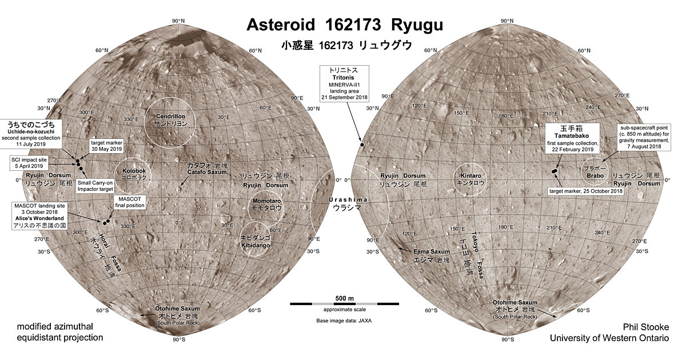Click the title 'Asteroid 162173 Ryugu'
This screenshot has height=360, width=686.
coord(344,26)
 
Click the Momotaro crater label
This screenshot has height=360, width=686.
coord(266,205)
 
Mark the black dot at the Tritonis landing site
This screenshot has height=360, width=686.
coord(362,145)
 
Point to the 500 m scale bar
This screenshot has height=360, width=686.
coord(344,303)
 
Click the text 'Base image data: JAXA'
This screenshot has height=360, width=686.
coord(344,321)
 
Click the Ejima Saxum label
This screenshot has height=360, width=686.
coord(432,255)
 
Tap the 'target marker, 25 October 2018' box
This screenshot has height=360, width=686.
coord(585,190)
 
